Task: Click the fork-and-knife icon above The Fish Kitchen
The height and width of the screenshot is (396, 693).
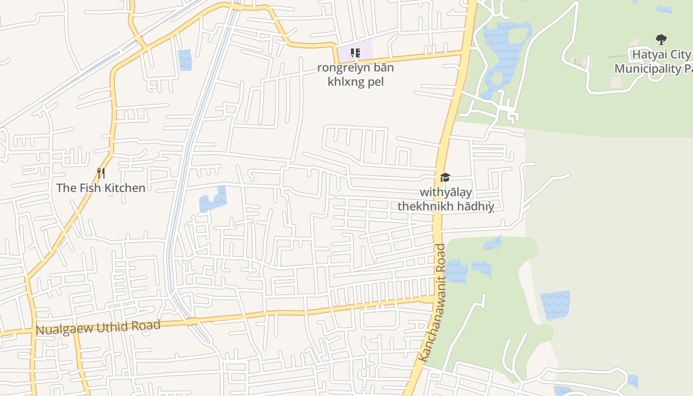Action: coord(101,173)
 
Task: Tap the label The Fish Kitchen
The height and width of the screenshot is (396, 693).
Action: coord(101,188)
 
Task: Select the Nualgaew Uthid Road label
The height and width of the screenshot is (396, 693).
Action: coord(98,327)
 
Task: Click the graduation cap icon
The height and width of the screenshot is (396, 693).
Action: coord(445,177)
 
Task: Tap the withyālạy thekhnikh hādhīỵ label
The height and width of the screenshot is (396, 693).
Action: coord(446,199)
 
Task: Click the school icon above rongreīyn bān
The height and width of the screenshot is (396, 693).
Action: coord(355,53)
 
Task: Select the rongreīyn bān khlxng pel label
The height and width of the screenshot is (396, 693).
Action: coord(355,74)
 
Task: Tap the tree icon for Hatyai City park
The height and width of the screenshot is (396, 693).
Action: coord(661,40)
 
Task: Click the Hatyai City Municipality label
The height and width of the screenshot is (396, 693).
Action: coord(653,61)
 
